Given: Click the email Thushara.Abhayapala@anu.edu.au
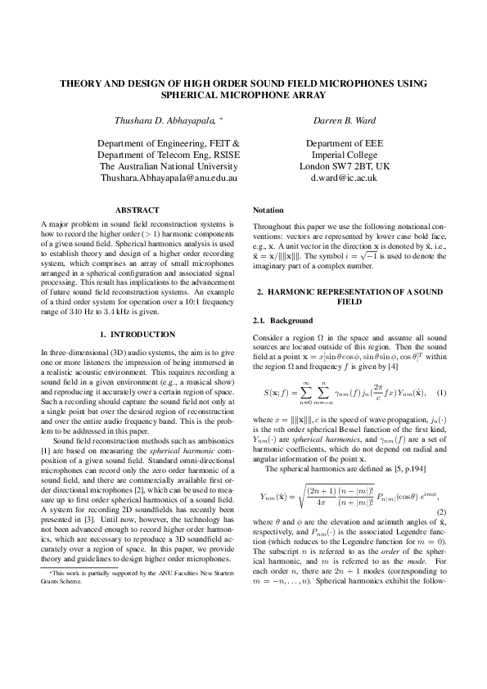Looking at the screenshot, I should pyautogui.click(x=168, y=177).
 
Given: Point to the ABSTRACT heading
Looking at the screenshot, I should pyautogui.click(x=137, y=210).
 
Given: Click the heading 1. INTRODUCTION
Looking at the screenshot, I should pyautogui.click(x=137, y=335).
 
